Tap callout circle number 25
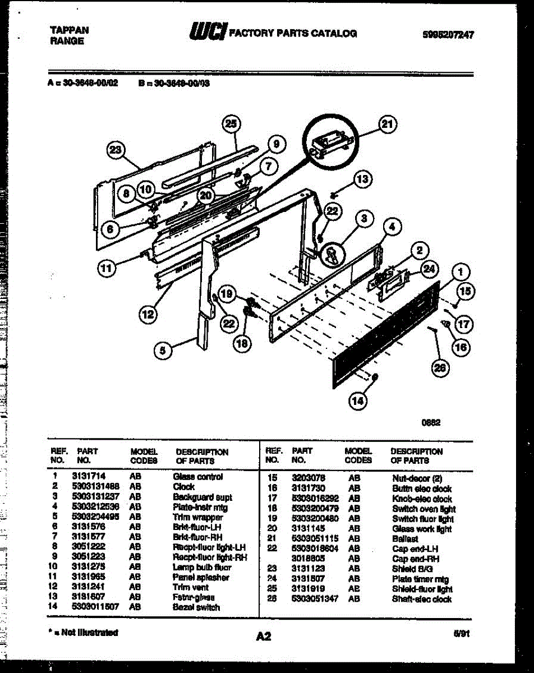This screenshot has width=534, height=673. [x=230, y=124]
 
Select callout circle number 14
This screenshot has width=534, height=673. [x=358, y=400]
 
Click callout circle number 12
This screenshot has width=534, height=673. [x=147, y=315]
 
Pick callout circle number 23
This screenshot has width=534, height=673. [x=116, y=150]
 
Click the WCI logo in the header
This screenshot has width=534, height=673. [x=208, y=33]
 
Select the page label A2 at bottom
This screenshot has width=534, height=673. [x=264, y=637]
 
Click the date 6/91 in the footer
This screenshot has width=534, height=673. [x=462, y=633]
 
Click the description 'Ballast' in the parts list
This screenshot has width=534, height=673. [x=405, y=539]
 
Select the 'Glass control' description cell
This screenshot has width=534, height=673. [x=197, y=477]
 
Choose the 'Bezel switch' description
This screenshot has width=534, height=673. [x=196, y=607]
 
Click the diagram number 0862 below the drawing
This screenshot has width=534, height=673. [x=430, y=424]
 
